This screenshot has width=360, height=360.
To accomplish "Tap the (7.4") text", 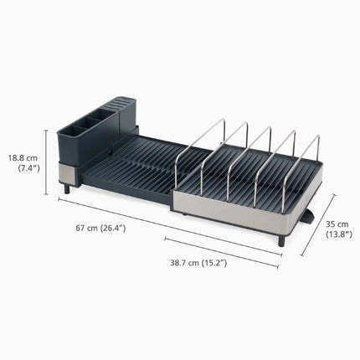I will click(28, 168).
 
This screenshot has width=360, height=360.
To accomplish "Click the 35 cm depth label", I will click(336, 224).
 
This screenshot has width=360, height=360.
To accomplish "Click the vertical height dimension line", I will click(46, 162).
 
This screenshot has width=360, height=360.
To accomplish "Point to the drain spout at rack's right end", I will click(308, 217).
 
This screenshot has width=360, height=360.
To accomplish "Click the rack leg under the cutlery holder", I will click(68, 189).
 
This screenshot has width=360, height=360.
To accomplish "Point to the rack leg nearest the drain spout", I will click(281, 241).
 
